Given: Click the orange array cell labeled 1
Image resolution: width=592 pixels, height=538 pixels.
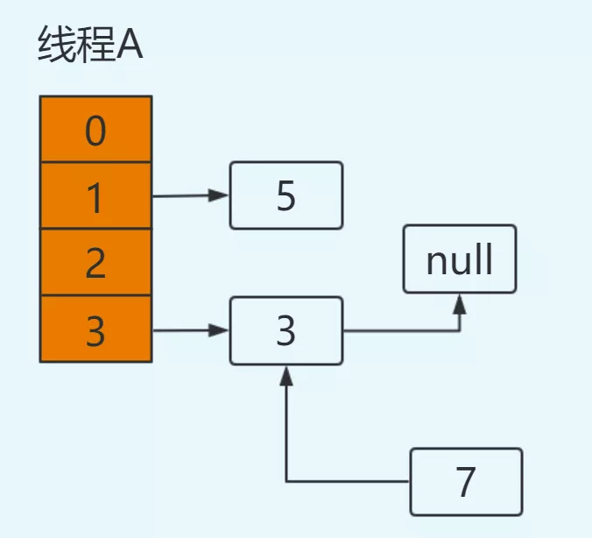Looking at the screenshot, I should (96, 196).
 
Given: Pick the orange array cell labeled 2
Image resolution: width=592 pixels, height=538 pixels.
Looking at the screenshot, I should (96, 263).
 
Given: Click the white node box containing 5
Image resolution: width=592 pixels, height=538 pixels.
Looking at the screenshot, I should (286, 195).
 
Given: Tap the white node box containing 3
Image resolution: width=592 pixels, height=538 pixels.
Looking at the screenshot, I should (286, 331).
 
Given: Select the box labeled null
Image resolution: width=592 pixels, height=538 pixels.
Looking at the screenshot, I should (460, 259).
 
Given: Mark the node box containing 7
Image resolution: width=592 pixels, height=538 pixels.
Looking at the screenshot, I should (466, 481).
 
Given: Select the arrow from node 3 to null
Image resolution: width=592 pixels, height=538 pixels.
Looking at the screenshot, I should (403, 331).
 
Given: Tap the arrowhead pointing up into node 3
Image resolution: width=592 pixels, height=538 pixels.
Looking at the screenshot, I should (286, 374).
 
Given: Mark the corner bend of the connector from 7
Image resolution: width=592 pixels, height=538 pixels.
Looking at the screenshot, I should (286, 482).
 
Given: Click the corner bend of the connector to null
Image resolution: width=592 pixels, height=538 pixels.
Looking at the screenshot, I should (460, 331).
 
